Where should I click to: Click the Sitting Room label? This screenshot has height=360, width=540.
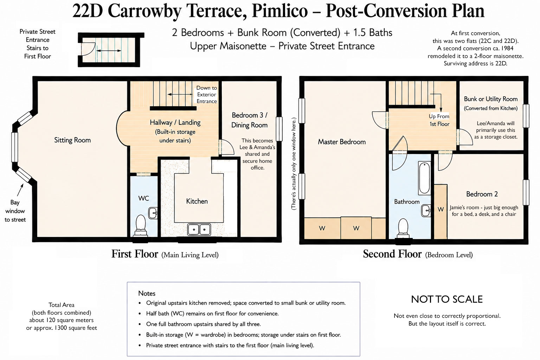pos(72,140)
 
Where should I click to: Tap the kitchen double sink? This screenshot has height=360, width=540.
pos(199,229)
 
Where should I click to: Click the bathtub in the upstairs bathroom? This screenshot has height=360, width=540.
pos(424,178)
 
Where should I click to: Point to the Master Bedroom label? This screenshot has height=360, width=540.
pos(342,142)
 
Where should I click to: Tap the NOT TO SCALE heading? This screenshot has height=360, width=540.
pos(447,299)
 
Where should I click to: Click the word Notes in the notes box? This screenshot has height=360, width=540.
pos(147,294)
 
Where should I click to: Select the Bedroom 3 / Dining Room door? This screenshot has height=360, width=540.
pos(226,147)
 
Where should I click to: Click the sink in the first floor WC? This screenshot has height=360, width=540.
pos(153,213)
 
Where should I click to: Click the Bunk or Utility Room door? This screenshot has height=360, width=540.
pos(464,137)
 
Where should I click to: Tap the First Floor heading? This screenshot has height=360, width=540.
pos(135,254)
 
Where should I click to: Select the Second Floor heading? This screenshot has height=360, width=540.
pos(392,254)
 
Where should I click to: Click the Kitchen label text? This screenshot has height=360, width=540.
pos(197,201)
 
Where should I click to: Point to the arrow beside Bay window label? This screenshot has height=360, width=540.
pos(20,190)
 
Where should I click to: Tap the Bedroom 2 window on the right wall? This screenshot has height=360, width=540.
pos(526,192)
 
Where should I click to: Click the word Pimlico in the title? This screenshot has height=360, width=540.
pos(279,11)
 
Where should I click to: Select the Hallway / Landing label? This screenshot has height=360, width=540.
pos(175,122)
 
